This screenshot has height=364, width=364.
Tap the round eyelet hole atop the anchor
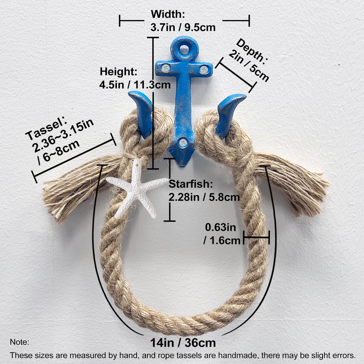point(184,49)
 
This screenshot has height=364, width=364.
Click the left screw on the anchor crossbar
point(166,68)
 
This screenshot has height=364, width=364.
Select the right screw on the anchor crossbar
point(204,70)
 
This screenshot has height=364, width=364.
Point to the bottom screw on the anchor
point(183,142)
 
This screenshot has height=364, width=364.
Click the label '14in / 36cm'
point(183,343)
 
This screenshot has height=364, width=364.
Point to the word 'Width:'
point(168,14)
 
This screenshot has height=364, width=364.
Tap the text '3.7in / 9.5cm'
point(183,27)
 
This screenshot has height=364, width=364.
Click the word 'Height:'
point(119,71)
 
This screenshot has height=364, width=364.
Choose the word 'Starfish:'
point(191,184)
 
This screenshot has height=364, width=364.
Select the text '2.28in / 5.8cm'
point(204,197)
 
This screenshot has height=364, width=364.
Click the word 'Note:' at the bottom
point(19,342)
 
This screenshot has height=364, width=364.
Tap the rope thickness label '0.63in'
point(220,227)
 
